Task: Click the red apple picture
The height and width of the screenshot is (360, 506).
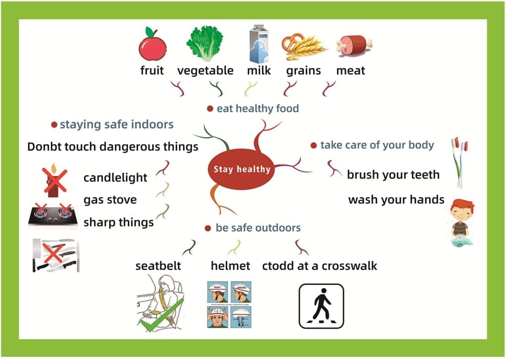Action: (x=152, y=45)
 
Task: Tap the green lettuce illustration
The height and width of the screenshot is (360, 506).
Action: (x=204, y=43)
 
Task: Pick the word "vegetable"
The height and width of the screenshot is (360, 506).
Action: (x=205, y=71)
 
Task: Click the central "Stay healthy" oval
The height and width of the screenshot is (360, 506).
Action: (x=242, y=170)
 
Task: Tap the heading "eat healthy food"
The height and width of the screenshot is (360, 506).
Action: (x=258, y=108)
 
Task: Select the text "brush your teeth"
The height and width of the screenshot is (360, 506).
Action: (x=393, y=175)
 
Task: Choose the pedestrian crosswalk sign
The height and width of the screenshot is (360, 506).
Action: (x=321, y=306)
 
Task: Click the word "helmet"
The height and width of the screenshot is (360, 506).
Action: (x=230, y=266)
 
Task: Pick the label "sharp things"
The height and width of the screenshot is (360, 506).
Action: (x=119, y=222)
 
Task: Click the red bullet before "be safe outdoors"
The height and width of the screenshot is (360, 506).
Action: (x=208, y=228)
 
